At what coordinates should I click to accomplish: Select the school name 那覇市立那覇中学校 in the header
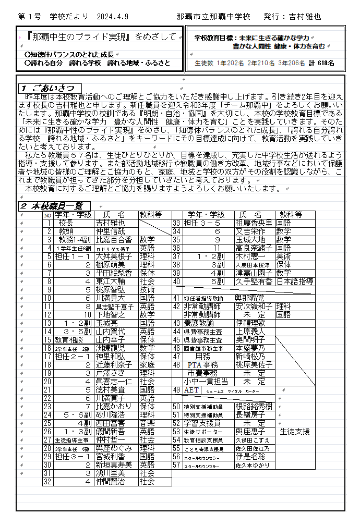click(213, 17)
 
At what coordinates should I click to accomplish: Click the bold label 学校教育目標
click(214, 38)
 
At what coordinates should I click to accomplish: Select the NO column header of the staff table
click(47, 215)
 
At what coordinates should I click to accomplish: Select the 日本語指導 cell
click(294, 281)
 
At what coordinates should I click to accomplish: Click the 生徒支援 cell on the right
click(295, 432)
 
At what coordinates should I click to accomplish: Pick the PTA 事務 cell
click(203, 365)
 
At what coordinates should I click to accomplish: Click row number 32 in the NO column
click(47, 482)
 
